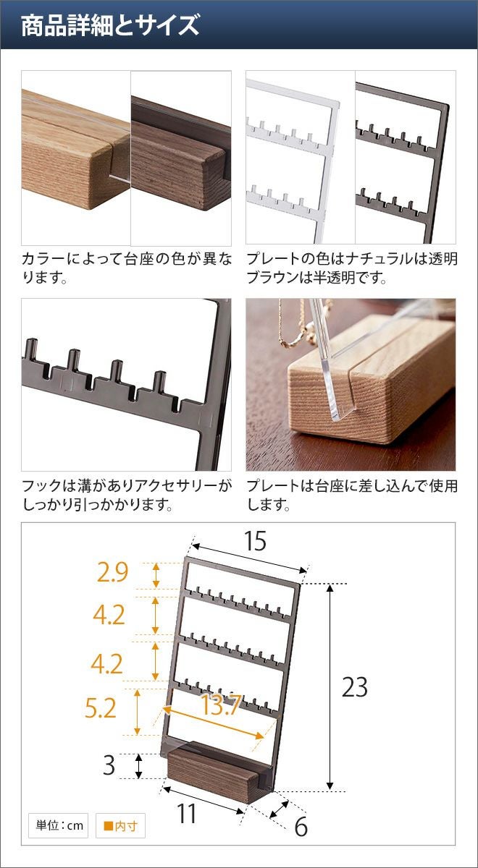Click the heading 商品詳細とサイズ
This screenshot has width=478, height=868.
[x=110, y=25]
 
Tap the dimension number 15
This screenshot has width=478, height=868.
[x=255, y=541]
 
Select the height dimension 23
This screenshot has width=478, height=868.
[x=355, y=687]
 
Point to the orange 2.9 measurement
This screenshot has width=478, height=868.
[x=112, y=572]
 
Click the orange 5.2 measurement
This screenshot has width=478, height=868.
[x=101, y=708]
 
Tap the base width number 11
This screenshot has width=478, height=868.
[x=186, y=813]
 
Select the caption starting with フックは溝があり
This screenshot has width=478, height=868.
[x=127, y=495]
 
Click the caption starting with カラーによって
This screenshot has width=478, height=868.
[x=127, y=268]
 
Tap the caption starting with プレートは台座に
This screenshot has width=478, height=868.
[x=352, y=495]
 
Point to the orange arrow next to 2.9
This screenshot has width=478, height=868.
[x=156, y=575]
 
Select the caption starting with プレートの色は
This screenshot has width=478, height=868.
[x=352, y=268]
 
